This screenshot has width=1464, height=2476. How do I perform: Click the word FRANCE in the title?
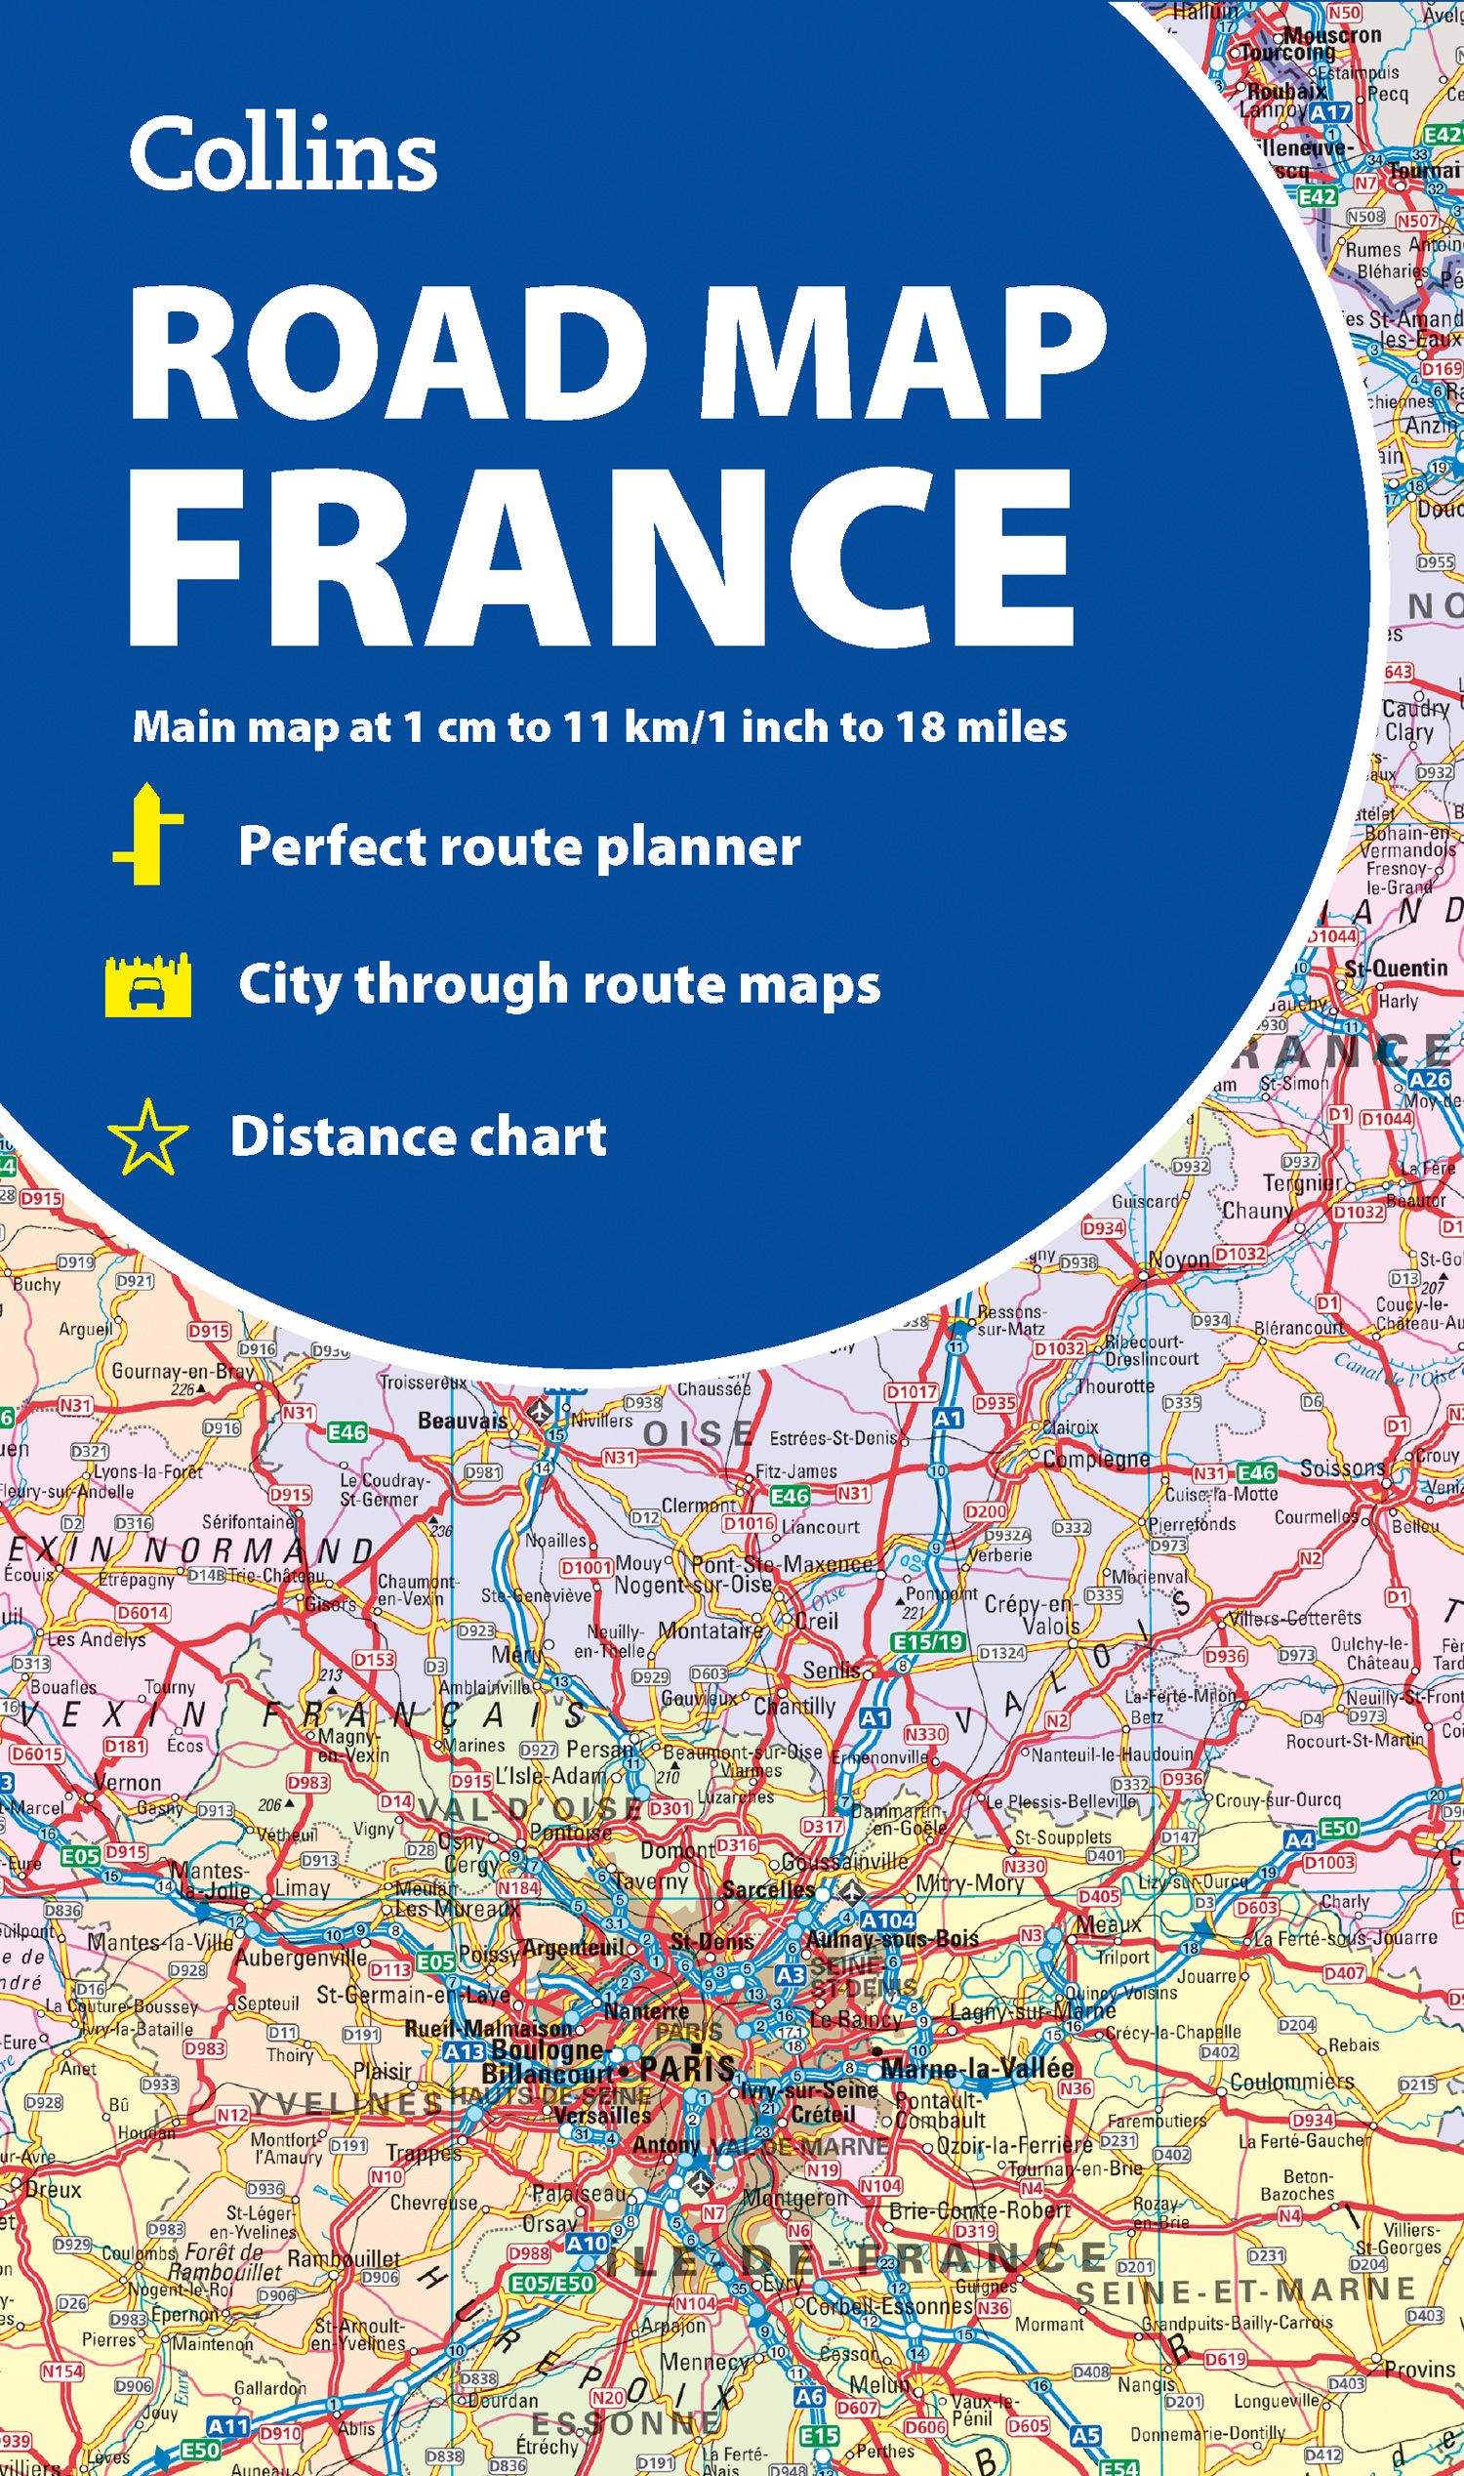point(601,561)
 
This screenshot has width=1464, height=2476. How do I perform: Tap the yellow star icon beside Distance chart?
point(148,1136)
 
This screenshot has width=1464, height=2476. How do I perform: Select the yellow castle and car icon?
point(148,985)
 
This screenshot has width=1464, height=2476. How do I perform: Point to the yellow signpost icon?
point(148,835)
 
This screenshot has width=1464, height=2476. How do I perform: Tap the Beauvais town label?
point(463,1421)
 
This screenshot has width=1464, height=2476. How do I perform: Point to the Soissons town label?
point(1342,1467)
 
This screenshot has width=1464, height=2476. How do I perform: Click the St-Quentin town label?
point(1395,969)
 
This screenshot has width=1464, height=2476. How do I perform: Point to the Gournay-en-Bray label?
point(183,1371)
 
